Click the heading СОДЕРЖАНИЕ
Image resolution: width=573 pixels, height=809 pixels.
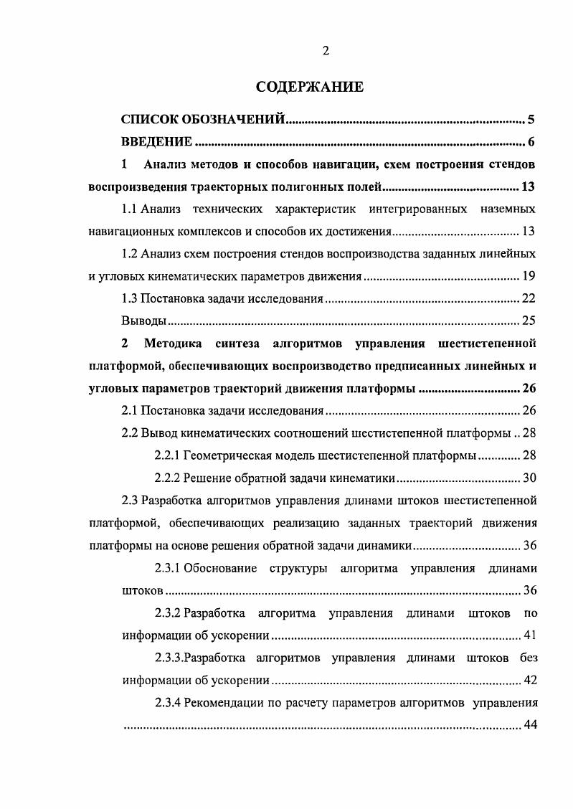(x=310, y=87)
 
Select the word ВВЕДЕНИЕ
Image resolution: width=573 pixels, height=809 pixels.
(x=156, y=141)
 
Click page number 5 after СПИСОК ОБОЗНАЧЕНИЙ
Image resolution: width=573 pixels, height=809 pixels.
(x=531, y=119)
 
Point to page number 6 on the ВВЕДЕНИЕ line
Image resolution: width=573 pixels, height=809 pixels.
(x=531, y=141)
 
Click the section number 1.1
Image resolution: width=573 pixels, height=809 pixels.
(x=129, y=209)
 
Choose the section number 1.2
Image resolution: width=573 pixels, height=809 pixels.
(x=129, y=254)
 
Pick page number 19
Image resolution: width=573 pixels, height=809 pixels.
(x=529, y=276)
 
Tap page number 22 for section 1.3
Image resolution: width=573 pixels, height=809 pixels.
(x=529, y=298)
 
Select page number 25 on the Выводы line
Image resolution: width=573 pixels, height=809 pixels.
(x=529, y=321)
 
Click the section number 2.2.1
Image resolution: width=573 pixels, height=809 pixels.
(x=168, y=455)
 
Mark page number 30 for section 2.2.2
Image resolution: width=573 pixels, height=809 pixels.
(x=529, y=478)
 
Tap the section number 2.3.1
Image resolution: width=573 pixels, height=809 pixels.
(x=168, y=568)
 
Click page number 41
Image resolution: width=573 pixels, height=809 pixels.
(x=529, y=635)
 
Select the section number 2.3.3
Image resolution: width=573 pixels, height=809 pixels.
(x=169, y=658)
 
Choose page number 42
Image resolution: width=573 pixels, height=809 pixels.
(x=529, y=680)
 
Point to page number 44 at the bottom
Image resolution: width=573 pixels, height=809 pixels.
(x=531, y=725)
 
